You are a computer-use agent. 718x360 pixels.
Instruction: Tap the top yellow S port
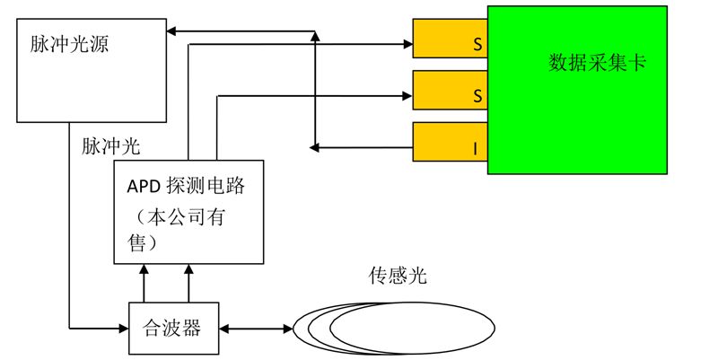[x=450, y=40]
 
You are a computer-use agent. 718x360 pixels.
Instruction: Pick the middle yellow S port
[x=450, y=91]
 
